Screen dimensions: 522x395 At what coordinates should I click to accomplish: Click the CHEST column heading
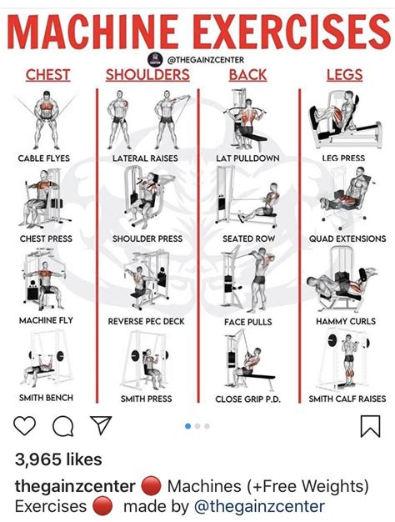(x=47, y=75)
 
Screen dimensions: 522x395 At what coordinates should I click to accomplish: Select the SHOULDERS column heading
(x=147, y=75)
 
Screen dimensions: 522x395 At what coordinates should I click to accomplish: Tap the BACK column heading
(x=247, y=75)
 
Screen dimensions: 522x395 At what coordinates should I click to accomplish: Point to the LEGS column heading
(x=343, y=75)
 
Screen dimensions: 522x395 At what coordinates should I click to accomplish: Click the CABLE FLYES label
(x=45, y=158)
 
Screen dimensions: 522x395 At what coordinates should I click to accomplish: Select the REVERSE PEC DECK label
(x=147, y=320)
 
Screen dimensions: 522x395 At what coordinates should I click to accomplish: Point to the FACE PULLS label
(x=247, y=320)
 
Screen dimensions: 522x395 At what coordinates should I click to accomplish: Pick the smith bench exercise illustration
(x=45, y=360)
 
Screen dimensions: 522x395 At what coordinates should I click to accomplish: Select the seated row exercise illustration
(x=247, y=198)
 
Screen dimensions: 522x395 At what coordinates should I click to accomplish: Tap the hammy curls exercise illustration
(x=343, y=284)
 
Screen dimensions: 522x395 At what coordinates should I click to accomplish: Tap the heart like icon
(x=25, y=427)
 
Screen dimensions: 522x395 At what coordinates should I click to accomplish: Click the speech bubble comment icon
(x=62, y=427)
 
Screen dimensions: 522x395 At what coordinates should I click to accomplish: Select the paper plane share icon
(x=100, y=426)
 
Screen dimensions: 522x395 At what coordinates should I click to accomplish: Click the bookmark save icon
(x=369, y=427)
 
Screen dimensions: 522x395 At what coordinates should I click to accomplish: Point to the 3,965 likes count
(x=59, y=460)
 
